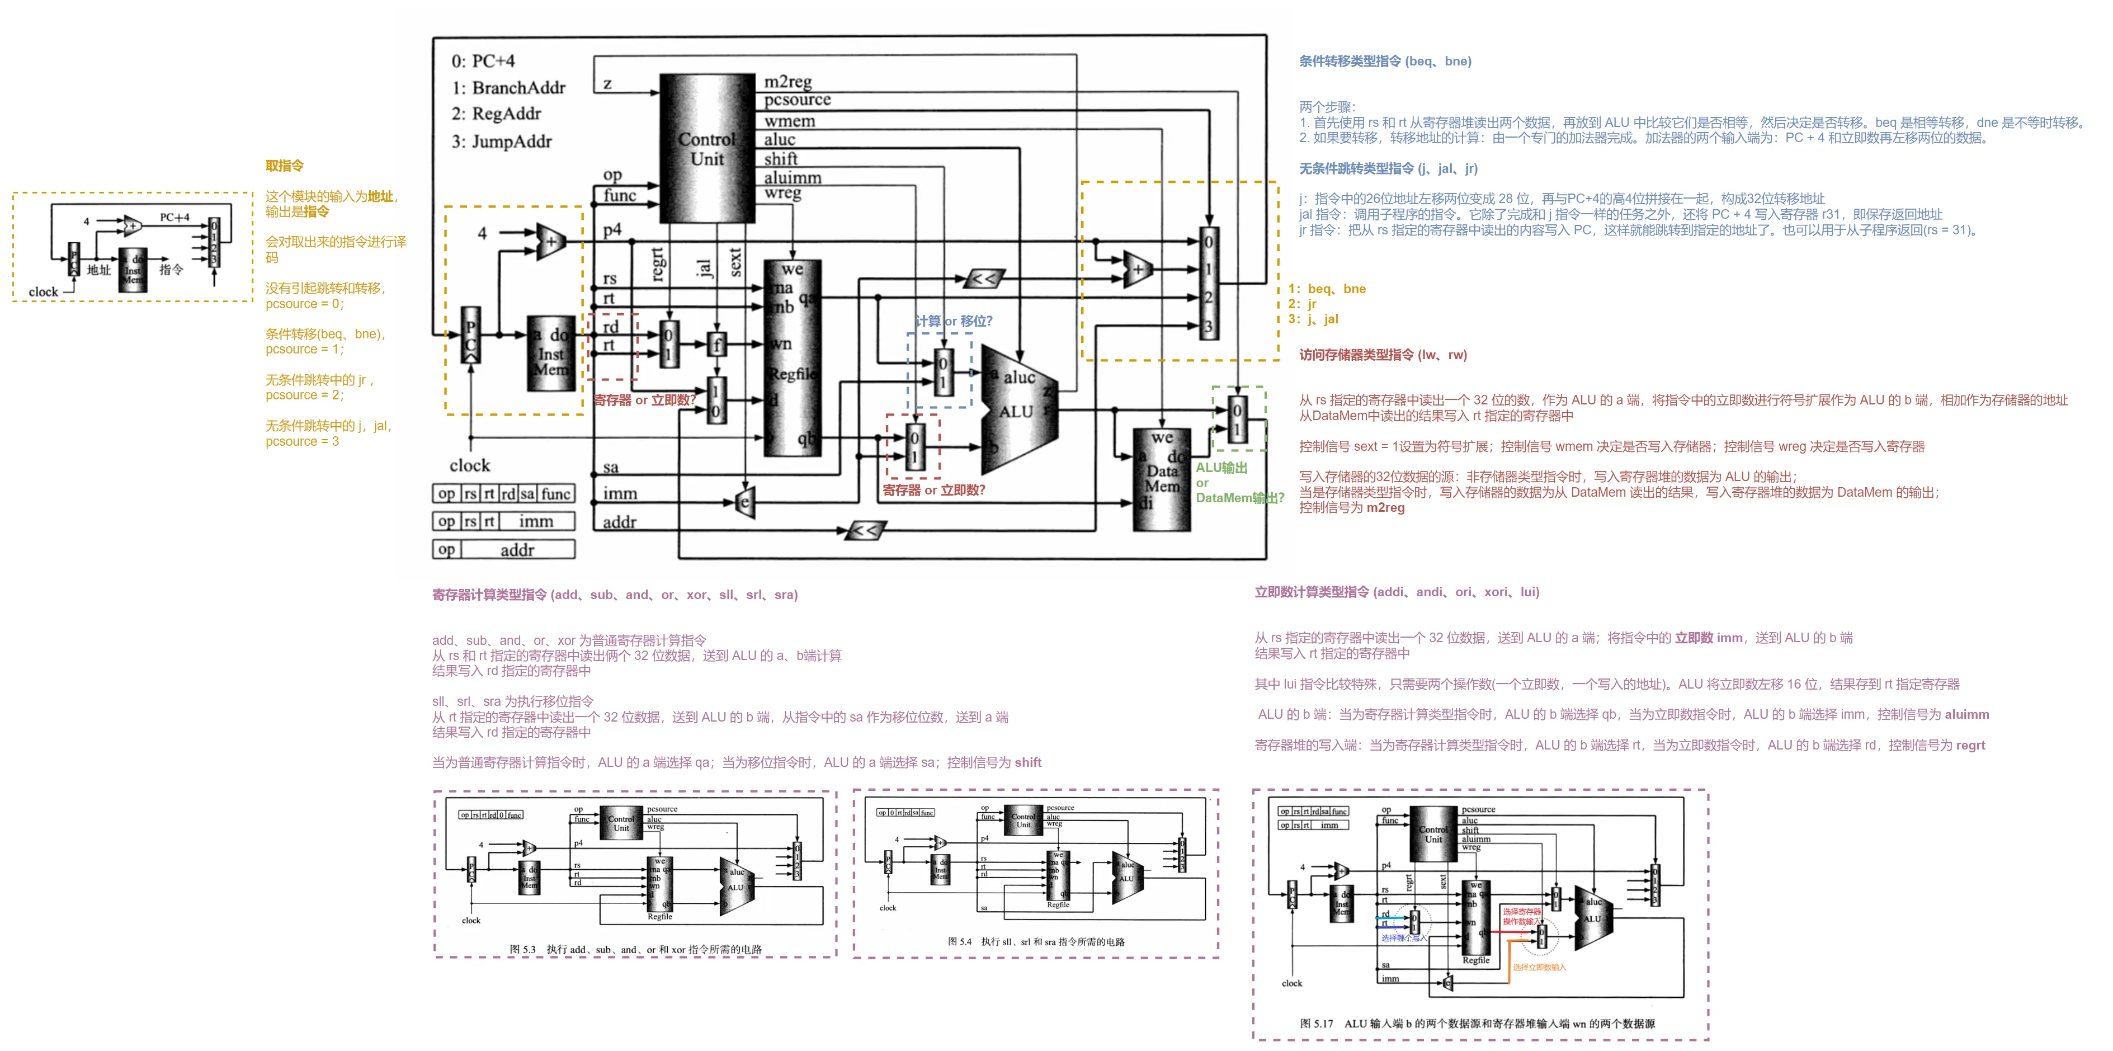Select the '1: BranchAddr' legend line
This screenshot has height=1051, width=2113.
[508, 88]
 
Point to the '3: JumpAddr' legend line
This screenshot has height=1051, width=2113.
[501, 141]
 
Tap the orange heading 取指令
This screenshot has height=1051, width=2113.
[284, 166]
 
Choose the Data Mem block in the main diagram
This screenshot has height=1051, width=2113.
[1162, 480]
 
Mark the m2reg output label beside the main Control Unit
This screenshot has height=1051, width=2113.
[787, 81]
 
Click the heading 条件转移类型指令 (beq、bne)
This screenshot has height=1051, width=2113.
[1385, 62]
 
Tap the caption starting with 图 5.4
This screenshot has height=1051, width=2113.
[1036, 941]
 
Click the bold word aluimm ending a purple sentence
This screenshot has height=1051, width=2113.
[1966, 715]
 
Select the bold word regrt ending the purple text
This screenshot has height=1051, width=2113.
[1969, 745]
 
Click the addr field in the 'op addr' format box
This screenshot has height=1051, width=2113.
[517, 550]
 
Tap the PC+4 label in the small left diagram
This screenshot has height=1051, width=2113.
[174, 218]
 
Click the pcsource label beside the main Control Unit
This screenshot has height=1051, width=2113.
[798, 100]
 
